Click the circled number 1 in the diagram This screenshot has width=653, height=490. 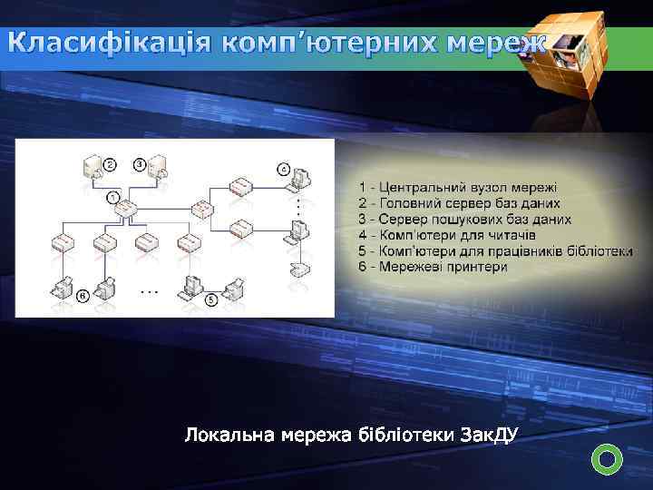coord(113,196)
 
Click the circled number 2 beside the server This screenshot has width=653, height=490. coord(111,164)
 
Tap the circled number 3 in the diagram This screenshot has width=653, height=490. coord(140,164)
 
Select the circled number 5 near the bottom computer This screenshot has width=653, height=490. coord(211,299)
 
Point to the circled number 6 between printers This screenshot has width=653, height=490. coord(83,296)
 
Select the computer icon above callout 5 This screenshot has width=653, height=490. coord(192,286)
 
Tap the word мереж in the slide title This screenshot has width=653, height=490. coord(496,44)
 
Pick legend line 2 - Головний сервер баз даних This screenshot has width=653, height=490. coord(459,203)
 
